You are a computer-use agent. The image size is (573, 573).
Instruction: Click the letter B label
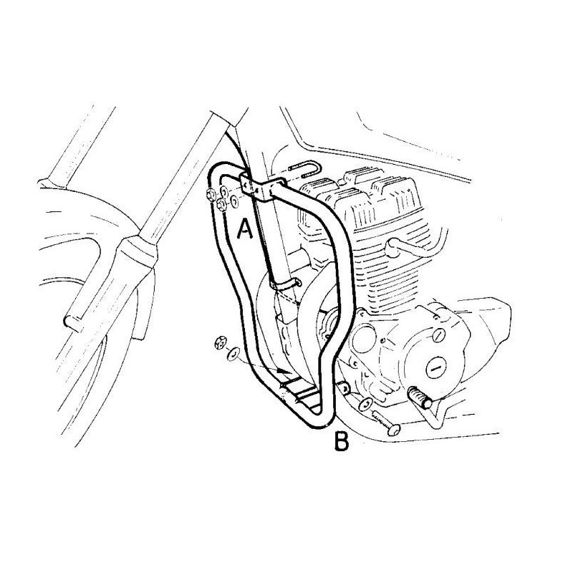click(x=342, y=441)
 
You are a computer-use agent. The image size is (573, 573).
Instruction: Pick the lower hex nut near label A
click(x=221, y=206)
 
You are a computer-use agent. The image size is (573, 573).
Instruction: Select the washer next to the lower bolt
click(x=365, y=403)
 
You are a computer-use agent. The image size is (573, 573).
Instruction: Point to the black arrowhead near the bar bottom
click(x=283, y=370)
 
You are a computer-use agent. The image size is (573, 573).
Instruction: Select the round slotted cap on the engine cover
click(x=437, y=369)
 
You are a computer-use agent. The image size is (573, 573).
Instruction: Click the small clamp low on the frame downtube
click(x=285, y=284)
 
